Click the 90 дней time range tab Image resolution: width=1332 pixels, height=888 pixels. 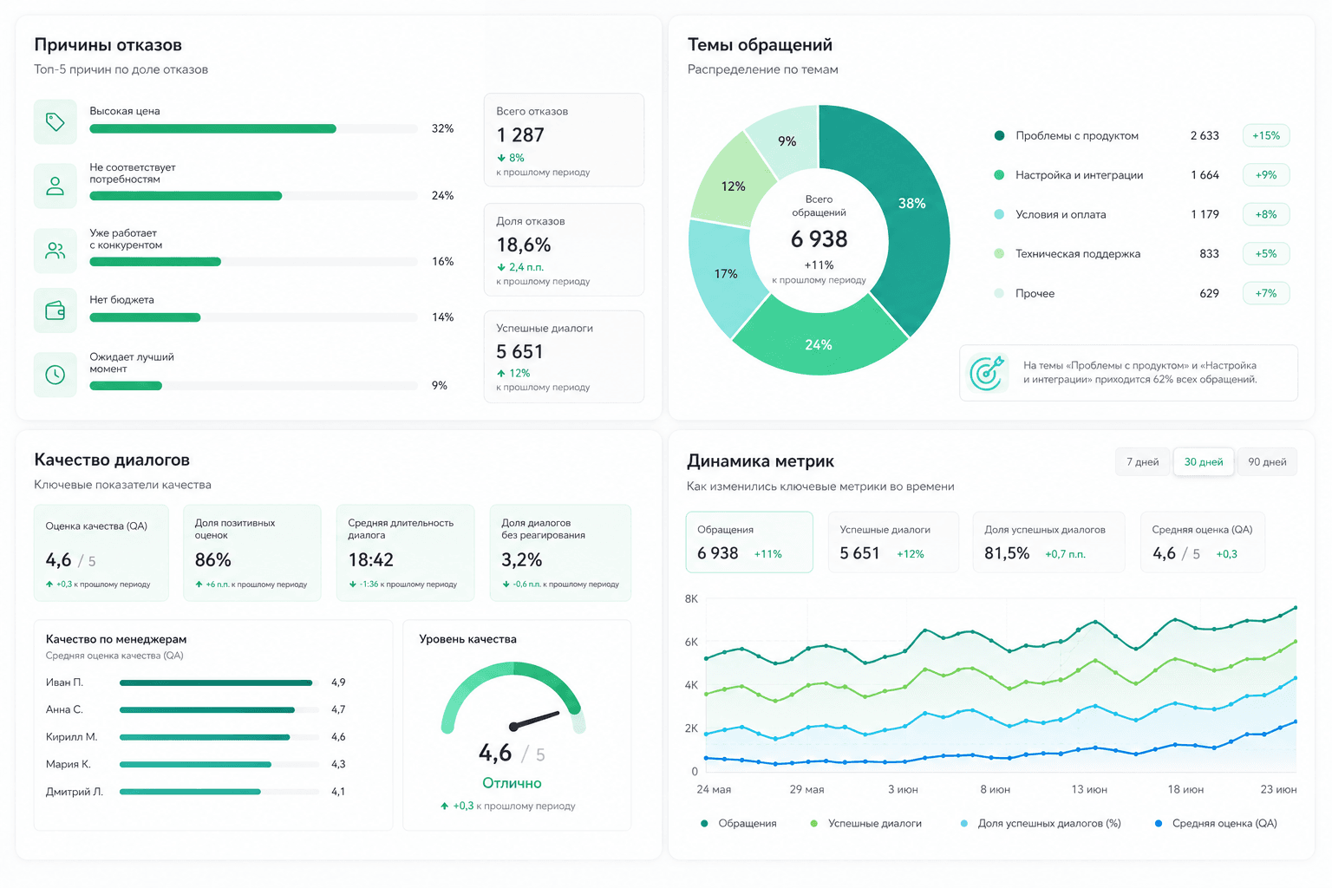click(1267, 462)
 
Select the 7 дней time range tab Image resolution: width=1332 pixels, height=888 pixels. click(1142, 462)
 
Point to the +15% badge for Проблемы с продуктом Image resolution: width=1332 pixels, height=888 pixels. click(1266, 135)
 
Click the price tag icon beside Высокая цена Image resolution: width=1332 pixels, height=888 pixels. click(55, 122)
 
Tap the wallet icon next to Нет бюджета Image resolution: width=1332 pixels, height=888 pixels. click(55, 310)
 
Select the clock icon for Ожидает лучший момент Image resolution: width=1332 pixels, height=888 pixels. click(55, 375)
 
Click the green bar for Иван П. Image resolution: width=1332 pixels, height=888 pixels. click(216, 682)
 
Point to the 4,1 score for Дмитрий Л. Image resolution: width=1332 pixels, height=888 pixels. click(338, 792)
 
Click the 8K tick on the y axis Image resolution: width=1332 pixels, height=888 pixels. click(691, 599)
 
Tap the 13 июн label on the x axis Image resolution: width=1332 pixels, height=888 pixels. click(1089, 789)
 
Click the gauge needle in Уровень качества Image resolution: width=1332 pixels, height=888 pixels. click(534, 720)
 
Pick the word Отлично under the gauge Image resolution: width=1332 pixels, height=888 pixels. click(512, 783)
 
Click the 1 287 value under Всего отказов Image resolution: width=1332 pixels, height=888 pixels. click(519, 135)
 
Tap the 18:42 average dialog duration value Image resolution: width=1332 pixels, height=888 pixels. click(370, 559)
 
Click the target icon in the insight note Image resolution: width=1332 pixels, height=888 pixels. click(987, 373)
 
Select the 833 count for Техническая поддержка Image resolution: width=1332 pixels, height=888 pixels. click(1209, 254)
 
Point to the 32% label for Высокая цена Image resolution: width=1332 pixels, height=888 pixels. click(442, 128)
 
